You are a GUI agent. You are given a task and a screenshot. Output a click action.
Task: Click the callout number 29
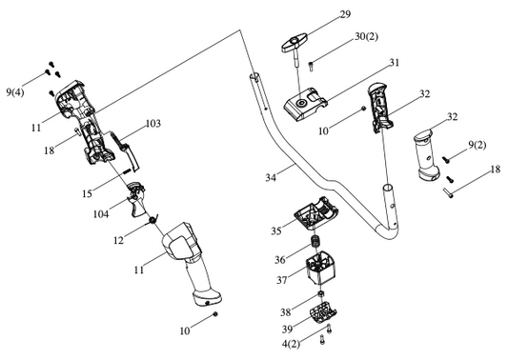(345, 14)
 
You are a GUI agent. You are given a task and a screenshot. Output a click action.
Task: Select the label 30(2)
(366, 36)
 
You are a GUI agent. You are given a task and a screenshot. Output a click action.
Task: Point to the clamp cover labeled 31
(305, 103)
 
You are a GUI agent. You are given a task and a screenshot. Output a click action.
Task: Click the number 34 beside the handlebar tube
(271, 177)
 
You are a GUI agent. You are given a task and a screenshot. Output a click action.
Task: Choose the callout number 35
(276, 231)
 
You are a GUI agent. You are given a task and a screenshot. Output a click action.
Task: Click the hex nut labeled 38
(321, 293)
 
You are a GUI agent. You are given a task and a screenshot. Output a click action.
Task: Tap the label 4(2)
(291, 344)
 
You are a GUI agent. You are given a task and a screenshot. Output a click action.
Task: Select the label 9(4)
(15, 92)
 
